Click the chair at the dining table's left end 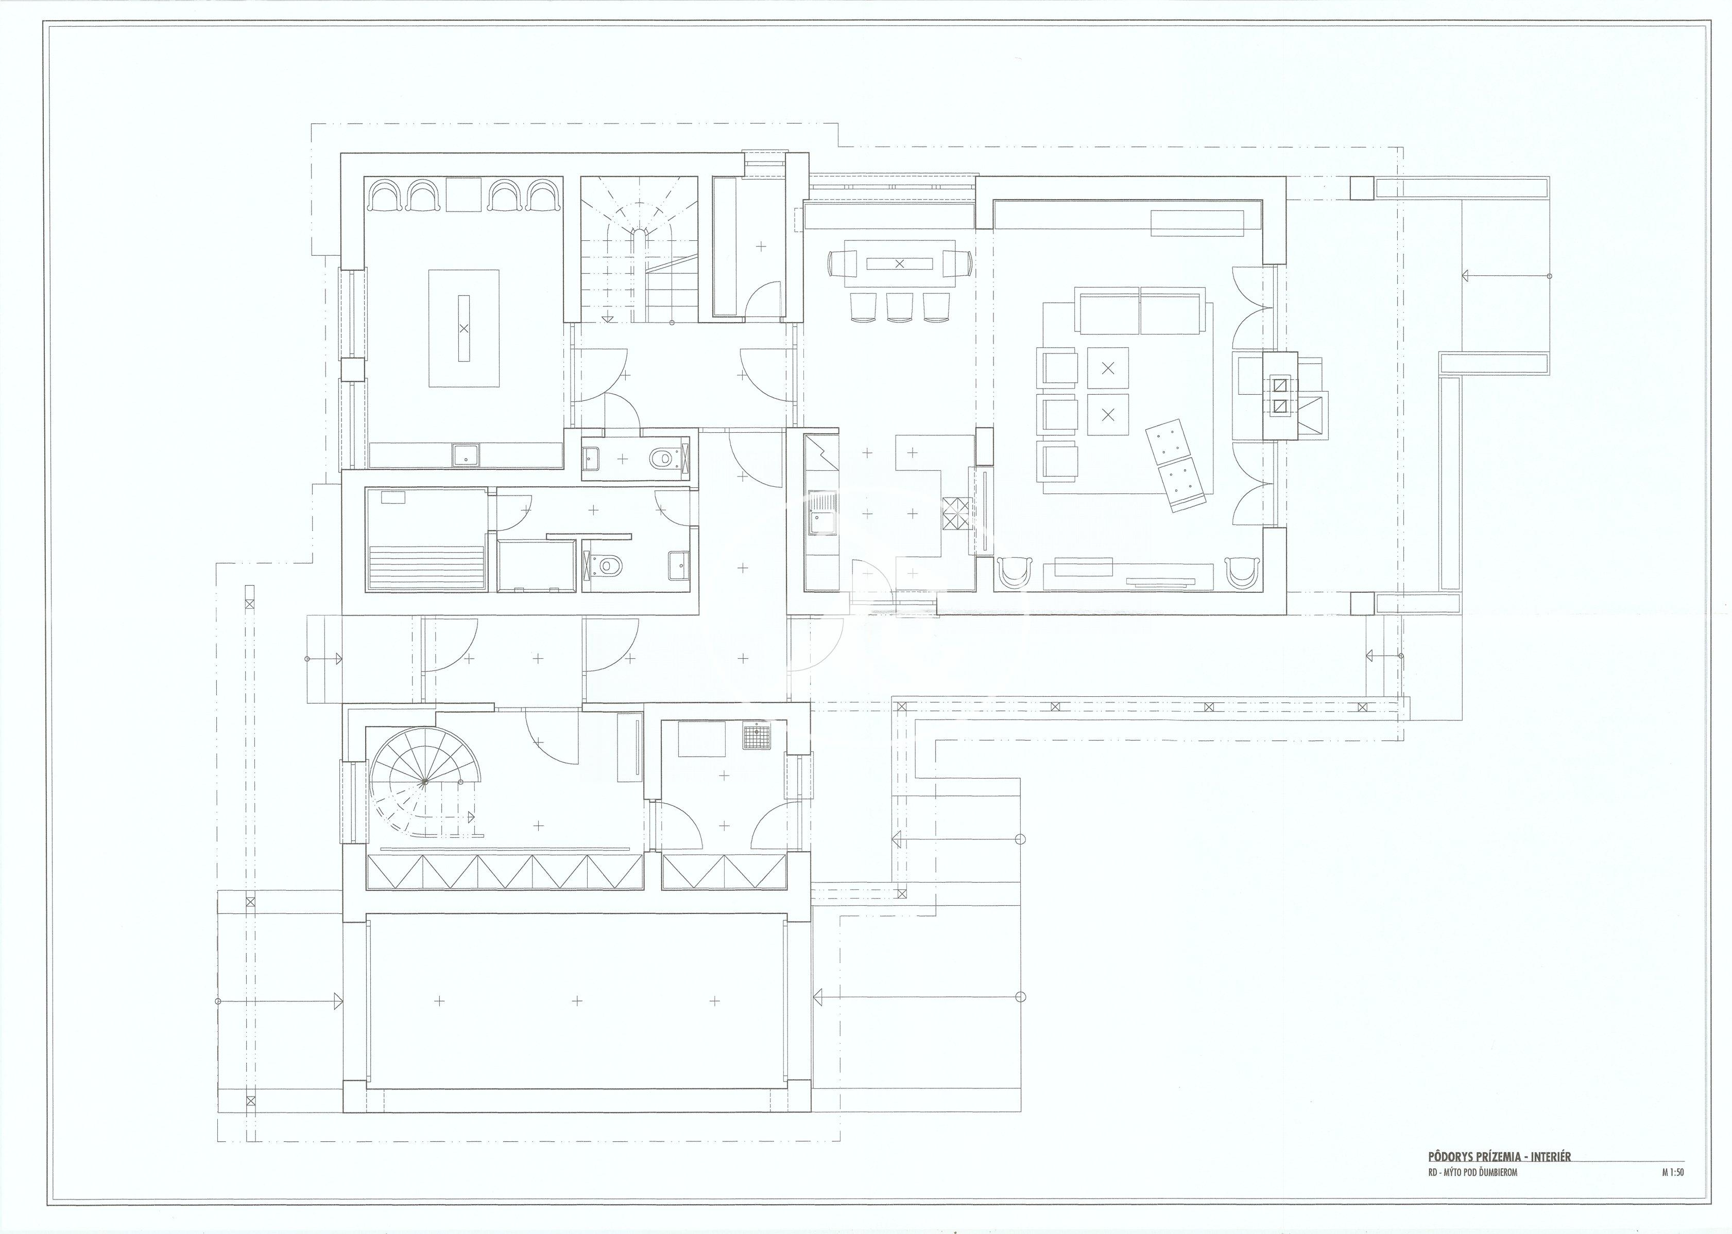[840, 263]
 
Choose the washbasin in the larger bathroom [678, 564]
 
